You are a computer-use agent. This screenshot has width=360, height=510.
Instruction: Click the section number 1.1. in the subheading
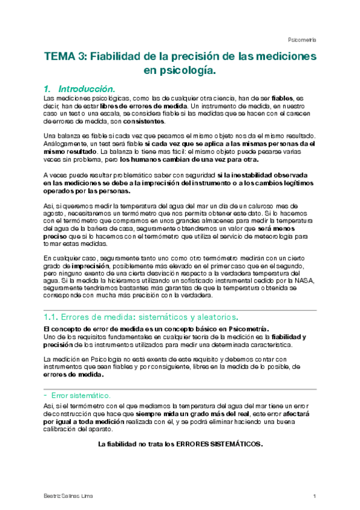point(51,317)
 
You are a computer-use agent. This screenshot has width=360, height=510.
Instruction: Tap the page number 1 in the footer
point(314,496)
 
